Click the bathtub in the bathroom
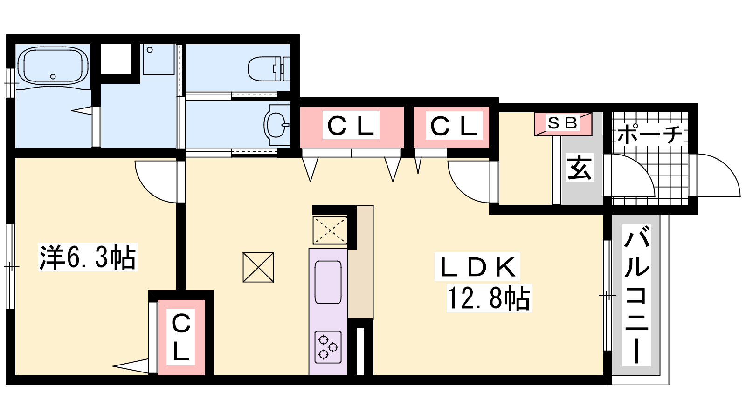click(53, 66)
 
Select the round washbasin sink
click(276, 125)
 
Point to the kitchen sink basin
click(328, 282)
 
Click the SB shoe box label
click(562, 123)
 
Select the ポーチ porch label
click(650, 134)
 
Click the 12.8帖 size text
click(489, 298)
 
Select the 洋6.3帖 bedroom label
click(88, 257)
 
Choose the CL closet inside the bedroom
click(180, 338)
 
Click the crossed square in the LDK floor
click(258, 267)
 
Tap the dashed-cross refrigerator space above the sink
click(330, 230)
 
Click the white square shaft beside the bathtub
click(116, 60)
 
